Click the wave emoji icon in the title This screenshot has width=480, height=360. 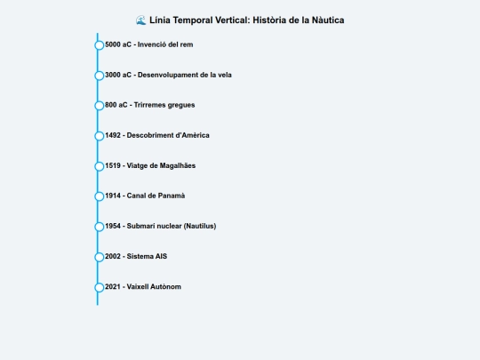[x=140, y=20]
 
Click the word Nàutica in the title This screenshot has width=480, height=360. [x=328, y=20]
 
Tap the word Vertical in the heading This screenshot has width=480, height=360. [x=232, y=20]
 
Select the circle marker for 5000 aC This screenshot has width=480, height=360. [x=100, y=45]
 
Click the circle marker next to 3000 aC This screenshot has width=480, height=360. [x=100, y=76]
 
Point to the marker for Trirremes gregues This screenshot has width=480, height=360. [x=100, y=106]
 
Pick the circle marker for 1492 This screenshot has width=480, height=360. [x=100, y=136]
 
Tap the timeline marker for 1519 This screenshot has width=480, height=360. [x=100, y=166]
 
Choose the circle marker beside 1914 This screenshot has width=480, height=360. [x=100, y=196]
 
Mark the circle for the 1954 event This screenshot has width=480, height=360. [x=100, y=227]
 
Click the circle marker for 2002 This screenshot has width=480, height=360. [x=100, y=257]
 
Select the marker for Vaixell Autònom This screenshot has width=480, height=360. [x=100, y=287]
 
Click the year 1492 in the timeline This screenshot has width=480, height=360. [x=113, y=135]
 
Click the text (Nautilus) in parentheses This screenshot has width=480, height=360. [x=200, y=226]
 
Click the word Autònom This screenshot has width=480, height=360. [x=167, y=286]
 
